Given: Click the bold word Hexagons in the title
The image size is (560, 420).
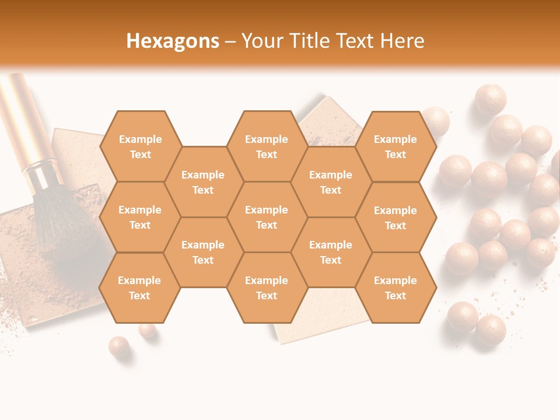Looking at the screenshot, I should (173, 41).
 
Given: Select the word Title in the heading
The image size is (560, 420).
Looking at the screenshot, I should (304, 41).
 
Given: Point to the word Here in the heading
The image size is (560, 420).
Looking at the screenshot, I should (402, 41).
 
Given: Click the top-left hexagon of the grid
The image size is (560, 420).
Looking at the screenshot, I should (140, 146).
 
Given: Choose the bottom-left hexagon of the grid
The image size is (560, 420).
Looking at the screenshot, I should (139, 288).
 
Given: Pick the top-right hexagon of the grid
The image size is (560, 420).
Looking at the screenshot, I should (395, 146).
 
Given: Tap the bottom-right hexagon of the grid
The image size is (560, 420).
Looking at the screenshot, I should (395, 288).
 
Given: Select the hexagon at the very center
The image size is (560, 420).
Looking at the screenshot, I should (267, 217).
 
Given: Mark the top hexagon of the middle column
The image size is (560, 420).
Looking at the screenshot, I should (267, 146).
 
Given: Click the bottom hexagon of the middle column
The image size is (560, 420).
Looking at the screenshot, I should (267, 288).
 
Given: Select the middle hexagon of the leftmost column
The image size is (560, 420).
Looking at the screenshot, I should (140, 217).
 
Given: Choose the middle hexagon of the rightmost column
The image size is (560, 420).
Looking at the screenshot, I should (395, 218).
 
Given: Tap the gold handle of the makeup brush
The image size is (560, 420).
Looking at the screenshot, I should (23, 117).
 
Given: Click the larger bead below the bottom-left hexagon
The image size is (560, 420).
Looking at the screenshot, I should (119, 346).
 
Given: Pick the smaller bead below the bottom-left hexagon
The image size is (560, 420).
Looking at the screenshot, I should (148, 331).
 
